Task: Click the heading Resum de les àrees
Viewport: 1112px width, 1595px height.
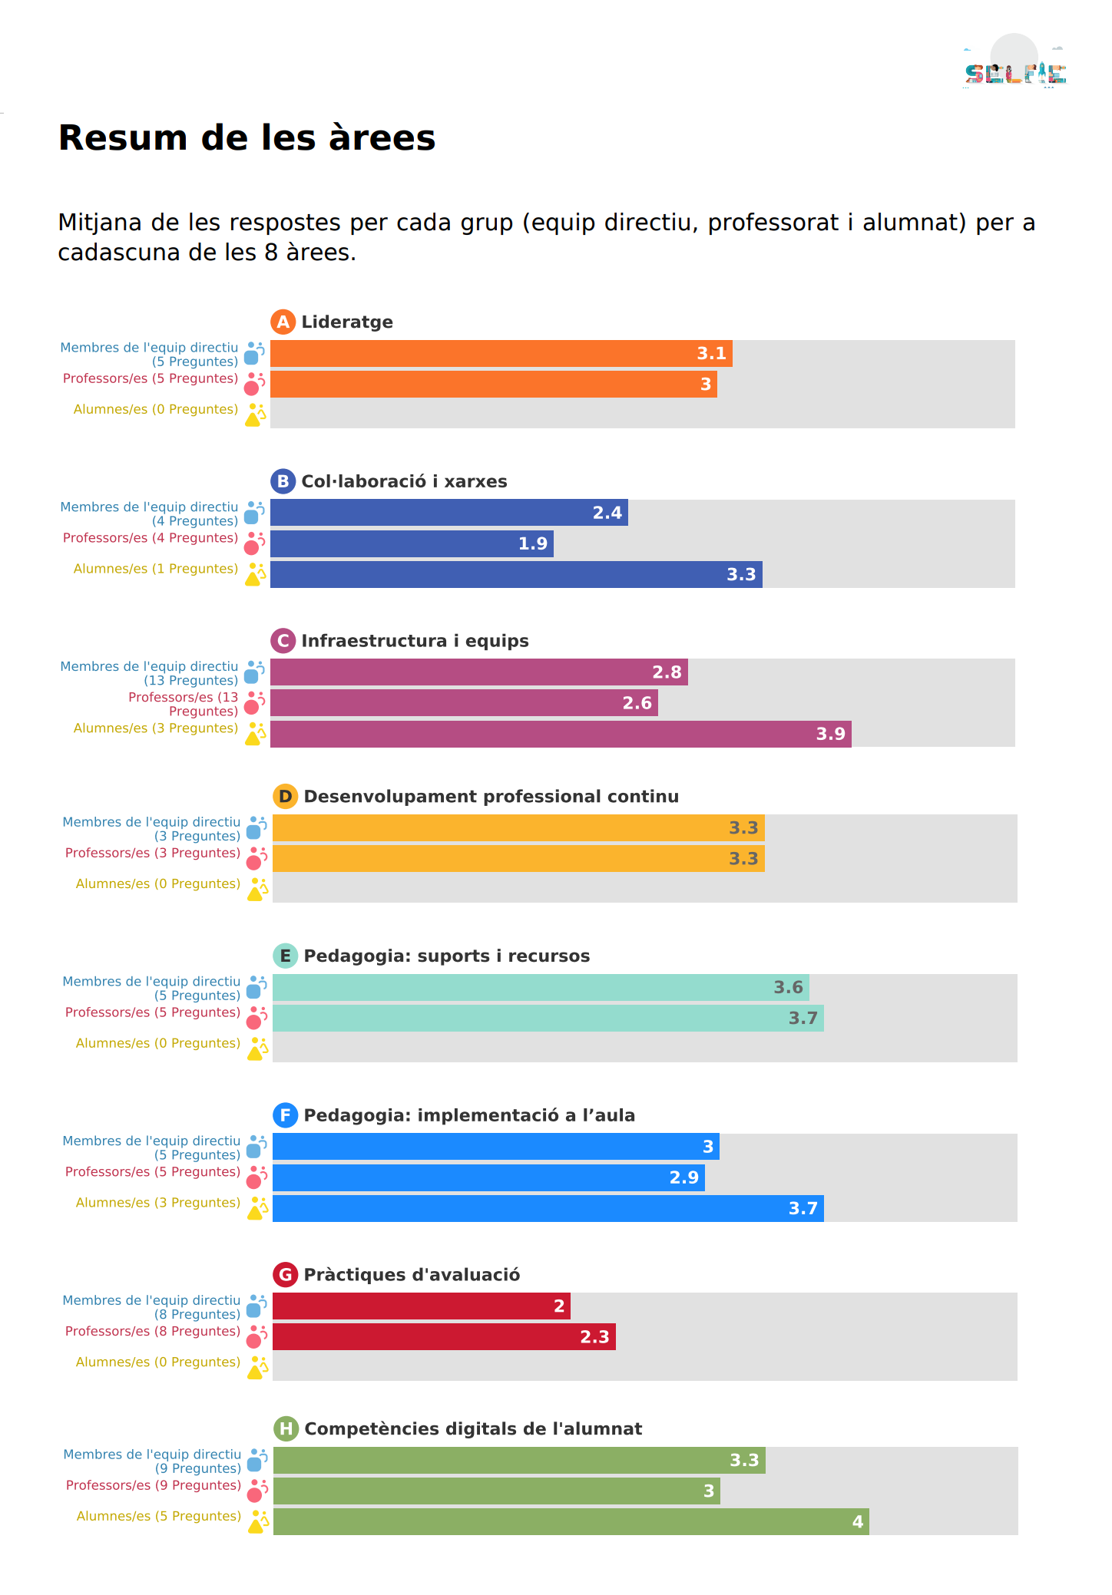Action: coord(247,138)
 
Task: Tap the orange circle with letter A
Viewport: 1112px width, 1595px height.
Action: coord(283,322)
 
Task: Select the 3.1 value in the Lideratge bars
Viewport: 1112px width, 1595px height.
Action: coord(711,353)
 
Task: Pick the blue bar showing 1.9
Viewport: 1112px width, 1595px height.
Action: coord(412,543)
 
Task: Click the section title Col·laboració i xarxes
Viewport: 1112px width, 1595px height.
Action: coord(404,481)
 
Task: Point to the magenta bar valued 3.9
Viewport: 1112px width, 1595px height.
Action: coord(561,734)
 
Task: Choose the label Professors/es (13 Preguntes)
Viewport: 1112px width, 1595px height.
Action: coord(184,704)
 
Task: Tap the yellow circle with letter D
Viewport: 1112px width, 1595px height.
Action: coord(285,796)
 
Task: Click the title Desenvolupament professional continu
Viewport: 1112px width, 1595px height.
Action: coord(491,796)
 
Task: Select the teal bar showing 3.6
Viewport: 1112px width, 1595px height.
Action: coord(541,987)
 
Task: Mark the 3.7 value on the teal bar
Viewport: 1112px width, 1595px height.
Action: coord(803,1018)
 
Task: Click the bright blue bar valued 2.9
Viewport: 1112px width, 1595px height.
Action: coord(488,1177)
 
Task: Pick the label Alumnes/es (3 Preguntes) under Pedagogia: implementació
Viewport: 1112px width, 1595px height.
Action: coord(158,1203)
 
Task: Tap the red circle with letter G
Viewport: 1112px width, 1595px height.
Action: coord(285,1274)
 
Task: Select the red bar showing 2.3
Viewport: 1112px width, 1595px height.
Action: coord(444,1336)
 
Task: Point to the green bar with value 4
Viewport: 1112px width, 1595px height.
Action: coord(571,1521)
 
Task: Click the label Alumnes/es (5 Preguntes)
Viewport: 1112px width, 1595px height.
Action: coord(159,1516)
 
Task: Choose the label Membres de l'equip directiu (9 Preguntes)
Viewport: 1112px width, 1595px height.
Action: coord(152,1461)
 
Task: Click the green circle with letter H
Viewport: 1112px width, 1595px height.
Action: coord(286,1428)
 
